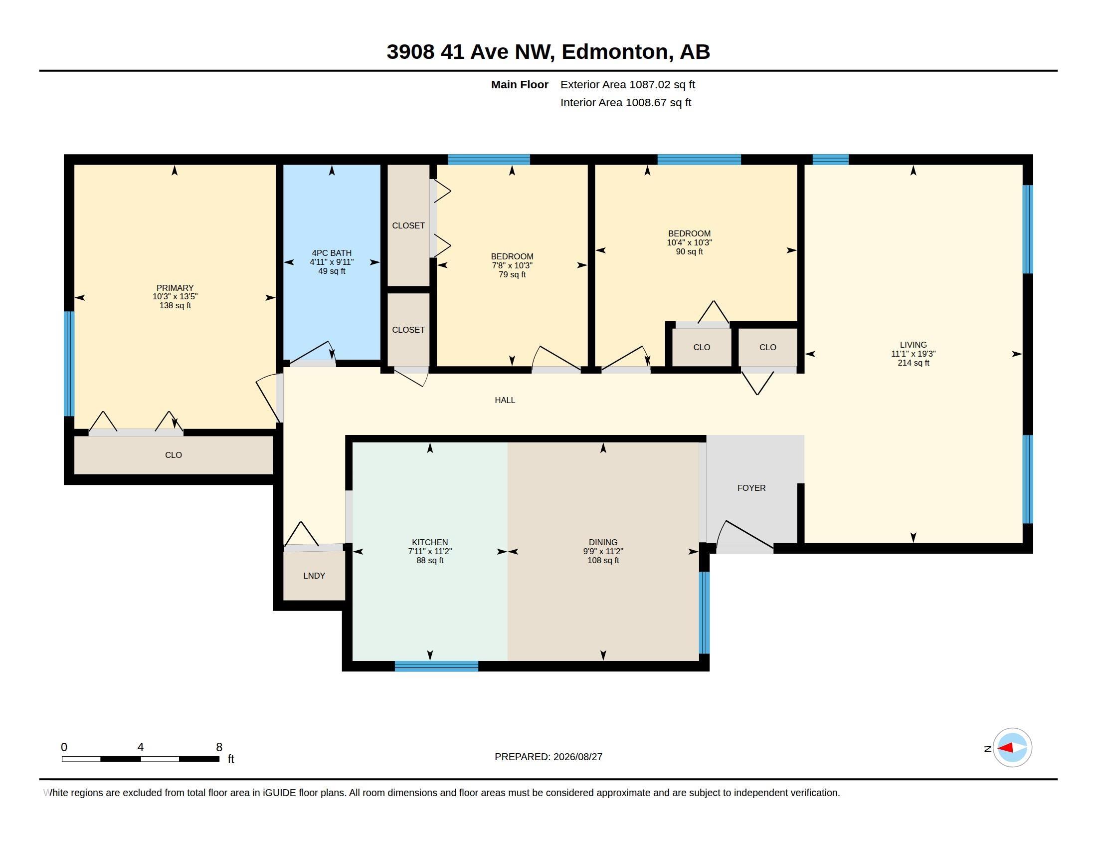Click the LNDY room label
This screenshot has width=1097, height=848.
[x=314, y=576]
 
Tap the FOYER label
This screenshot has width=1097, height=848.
[x=751, y=488]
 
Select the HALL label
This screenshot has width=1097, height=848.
[x=505, y=400]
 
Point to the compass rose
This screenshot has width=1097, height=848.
[x=1012, y=748]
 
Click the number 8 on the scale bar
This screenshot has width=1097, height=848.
[x=219, y=747]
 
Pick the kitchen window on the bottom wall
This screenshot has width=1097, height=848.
[x=436, y=666]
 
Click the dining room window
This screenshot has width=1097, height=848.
[x=704, y=613]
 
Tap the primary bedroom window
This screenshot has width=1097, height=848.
[x=69, y=364]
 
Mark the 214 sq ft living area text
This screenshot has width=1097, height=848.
[x=913, y=363]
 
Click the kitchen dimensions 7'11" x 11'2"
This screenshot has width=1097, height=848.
[x=430, y=551]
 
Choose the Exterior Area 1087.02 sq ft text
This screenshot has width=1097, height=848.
[x=627, y=84]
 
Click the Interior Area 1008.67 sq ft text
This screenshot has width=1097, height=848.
[x=625, y=102]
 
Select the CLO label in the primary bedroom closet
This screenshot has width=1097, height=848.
[x=174, y=455]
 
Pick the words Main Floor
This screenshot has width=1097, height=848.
[x=520, y=84]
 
